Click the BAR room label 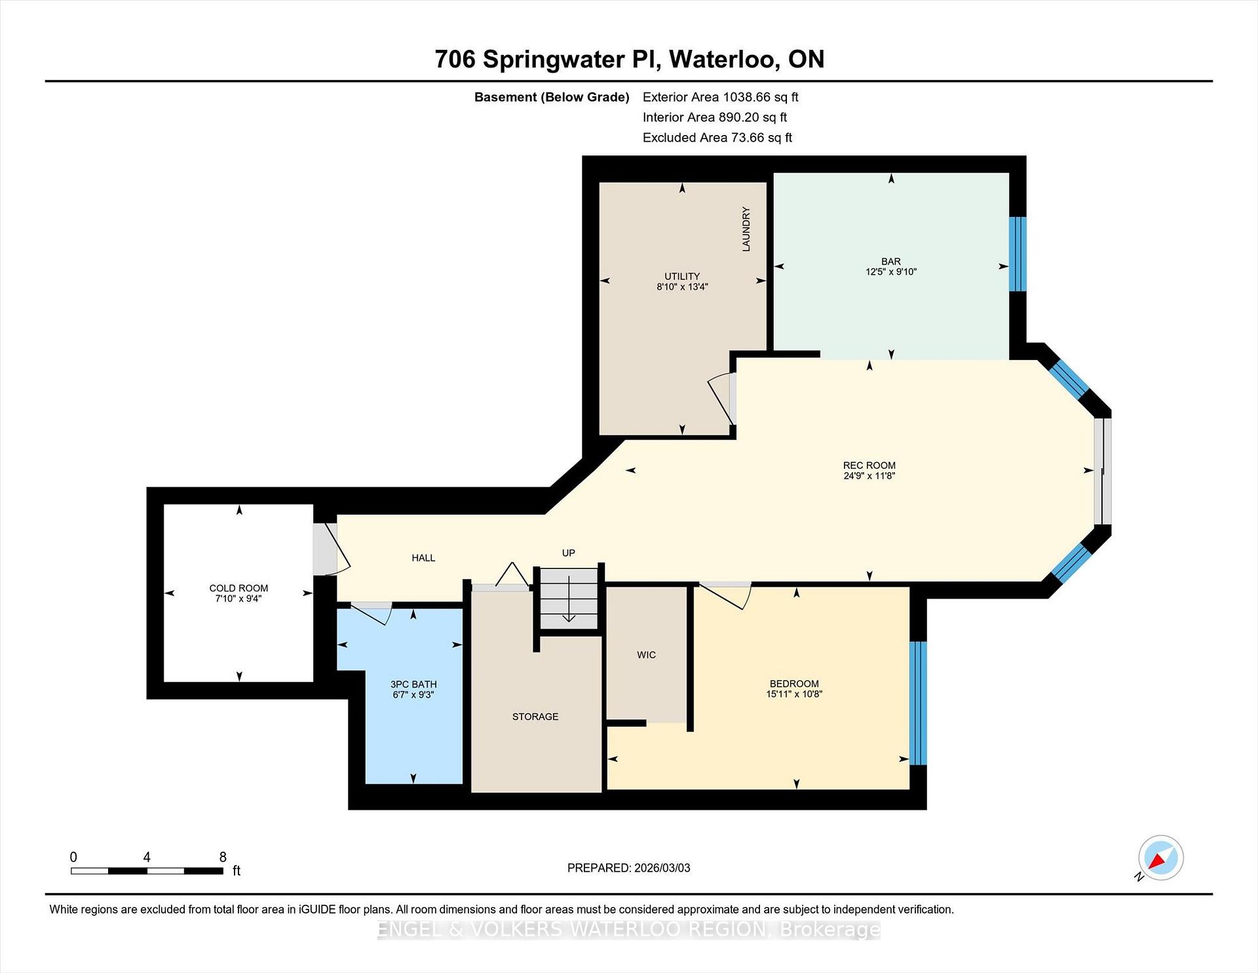pyautogui.click(x=890, y=261)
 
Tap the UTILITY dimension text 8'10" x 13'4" pyautogui.click(x=682, y=287)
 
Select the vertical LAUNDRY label pyautogui.click(x=746, y=229)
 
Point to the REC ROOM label pyautogui.click(x=869, y=466)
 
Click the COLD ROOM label pyautogui.click(x=238, y=588)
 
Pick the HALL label pyautogui.click(x=423, y=558)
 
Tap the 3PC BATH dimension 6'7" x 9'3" pyautogui.click(x=413, y=694)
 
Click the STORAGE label pyautogui.click(x=535, y=717)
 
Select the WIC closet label pyautogui.click(x=646, y=655)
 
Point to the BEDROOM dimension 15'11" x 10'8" pyautogui.click(x=794, y=694)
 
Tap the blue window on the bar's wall pyautogui.click(x=1017, y=254)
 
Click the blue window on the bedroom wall pyautogui.click(x=918, y=703)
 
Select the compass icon pyautogui.click(x=1160, y=858)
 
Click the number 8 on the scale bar pyautogui.click(x=223, y=857)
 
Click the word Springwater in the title pyautogui.click(x=554, y=60)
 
